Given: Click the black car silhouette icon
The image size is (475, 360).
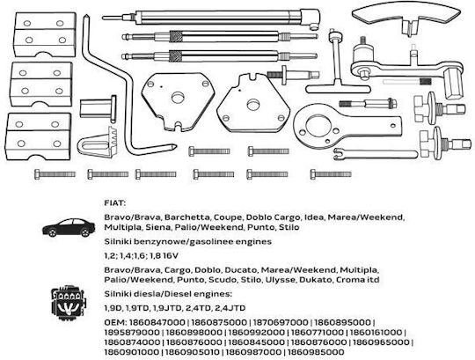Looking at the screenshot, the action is pyautogui.click(x=69, y=227).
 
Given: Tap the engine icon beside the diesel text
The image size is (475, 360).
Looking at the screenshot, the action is pyautogui.click(x=69, y=303).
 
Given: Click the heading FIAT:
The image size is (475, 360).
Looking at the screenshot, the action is pyautogui.click(x=115, y=203).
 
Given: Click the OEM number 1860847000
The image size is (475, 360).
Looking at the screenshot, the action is pyautogui.click(x=157, y=322).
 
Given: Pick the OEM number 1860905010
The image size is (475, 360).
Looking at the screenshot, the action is pyautogui.click(x=191, y=352).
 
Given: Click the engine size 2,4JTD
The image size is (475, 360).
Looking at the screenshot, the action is pyautogui.click(x=230, y=308).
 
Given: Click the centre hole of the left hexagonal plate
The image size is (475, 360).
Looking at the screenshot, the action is pyautogui.click(x=178, y=98).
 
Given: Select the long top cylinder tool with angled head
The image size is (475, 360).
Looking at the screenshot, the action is pyautogui.click(x=212, y=18).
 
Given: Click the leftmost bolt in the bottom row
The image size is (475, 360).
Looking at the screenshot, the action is pyautogui.click(x=55, y=174).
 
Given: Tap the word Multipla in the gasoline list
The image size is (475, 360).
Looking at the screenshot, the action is pyautogui.click(x=122, y=227).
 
